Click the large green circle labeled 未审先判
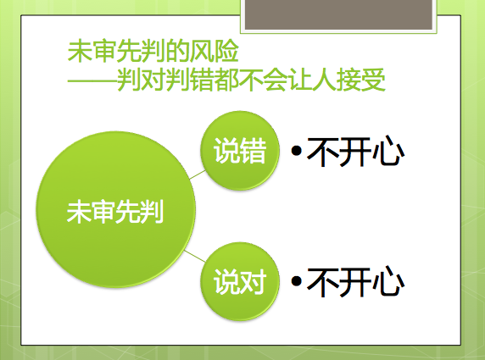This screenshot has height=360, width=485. tap(114, 208)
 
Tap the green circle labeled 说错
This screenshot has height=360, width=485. tap(240, 151)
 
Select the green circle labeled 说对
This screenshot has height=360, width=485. tap(240, 279)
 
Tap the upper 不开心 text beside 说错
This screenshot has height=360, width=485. tap(354, 152)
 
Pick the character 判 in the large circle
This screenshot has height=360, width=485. tap(152, 209)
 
